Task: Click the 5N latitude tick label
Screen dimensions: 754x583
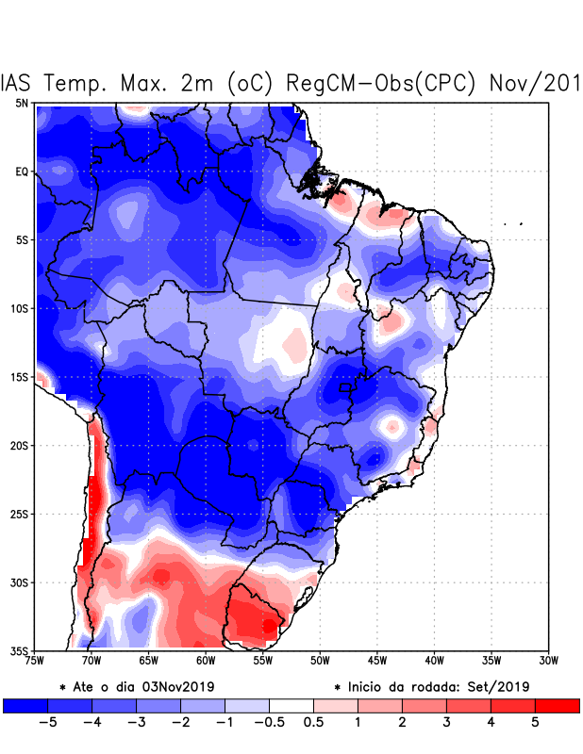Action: click(x=21, y=103)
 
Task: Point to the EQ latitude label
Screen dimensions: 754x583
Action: click(x=21, y=172)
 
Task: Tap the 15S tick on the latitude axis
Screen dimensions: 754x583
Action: click(x=19, y=377)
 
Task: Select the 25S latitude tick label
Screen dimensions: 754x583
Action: click(x=19, y=514)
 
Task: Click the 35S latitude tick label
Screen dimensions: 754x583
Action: click(x=19, y=650)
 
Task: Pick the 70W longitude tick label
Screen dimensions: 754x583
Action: click(x=92, y=661)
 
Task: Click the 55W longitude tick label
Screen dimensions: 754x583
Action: click(x=263, y=661)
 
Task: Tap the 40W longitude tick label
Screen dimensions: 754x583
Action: click(x=435, y=661)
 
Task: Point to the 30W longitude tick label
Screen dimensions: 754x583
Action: click(x=549, y=661)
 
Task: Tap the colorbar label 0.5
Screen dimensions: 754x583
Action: click(x=313, y=722)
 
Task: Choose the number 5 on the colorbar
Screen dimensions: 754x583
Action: click(x=535, y=722)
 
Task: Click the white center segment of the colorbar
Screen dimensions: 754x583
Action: click(x=291, y=705)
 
